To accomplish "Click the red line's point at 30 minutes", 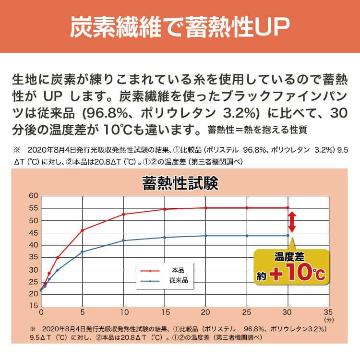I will tap(288, 207).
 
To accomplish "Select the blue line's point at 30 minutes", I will tap(288, 235).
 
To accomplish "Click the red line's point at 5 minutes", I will tap(83, 230).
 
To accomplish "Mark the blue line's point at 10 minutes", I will tap(124, 240).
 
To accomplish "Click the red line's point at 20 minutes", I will tap(206, 208).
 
